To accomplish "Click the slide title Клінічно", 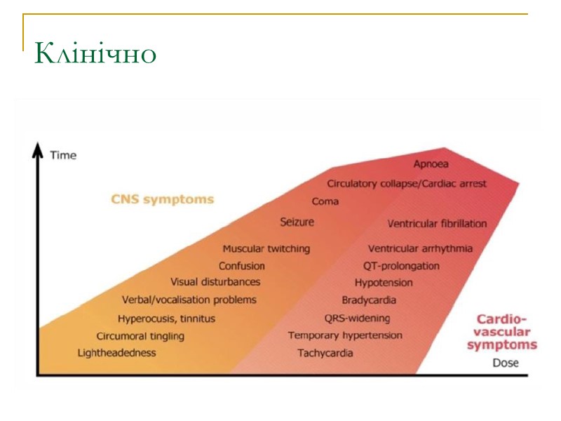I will coord(95,53).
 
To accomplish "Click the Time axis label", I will coord(63,155).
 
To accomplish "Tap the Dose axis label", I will coord(506,363).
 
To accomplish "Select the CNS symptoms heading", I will coord(162,199).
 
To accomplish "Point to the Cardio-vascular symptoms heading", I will coord(502,331).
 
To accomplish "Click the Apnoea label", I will coord(431,163).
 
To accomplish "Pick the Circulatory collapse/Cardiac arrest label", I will coord(407,183).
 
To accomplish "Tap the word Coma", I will coord(325,201).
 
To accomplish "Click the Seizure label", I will coord(297,222).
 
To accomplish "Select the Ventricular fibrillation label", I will coord(437,224).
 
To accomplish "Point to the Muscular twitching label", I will coord(266,248).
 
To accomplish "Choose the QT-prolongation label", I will coord(401,266).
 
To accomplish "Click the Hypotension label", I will coord(384,283).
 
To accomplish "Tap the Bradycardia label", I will coord(369,300).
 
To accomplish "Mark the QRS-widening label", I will coord(357,318).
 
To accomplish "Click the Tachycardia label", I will coord(325,353).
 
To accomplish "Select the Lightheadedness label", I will coord(116,353).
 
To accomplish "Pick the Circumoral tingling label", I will coord(140,336).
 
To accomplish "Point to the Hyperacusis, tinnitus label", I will coord(167,319).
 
